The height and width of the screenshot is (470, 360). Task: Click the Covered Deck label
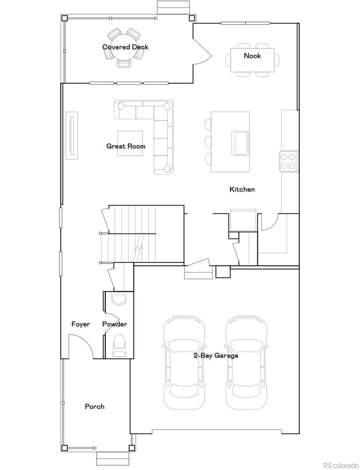coord(125,47)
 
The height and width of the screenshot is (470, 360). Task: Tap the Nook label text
coord(252,56)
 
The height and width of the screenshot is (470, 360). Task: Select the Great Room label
coord(126,146)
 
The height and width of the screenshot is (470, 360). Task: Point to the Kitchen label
coord(242,189)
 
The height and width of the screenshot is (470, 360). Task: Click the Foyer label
coord(81,324)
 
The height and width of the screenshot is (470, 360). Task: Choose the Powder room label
coord(115,324)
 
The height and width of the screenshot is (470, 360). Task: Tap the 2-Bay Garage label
coord(216,355)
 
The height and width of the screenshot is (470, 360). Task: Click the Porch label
coord(94,407)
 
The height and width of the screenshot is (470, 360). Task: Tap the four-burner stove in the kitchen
coord(288,161)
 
